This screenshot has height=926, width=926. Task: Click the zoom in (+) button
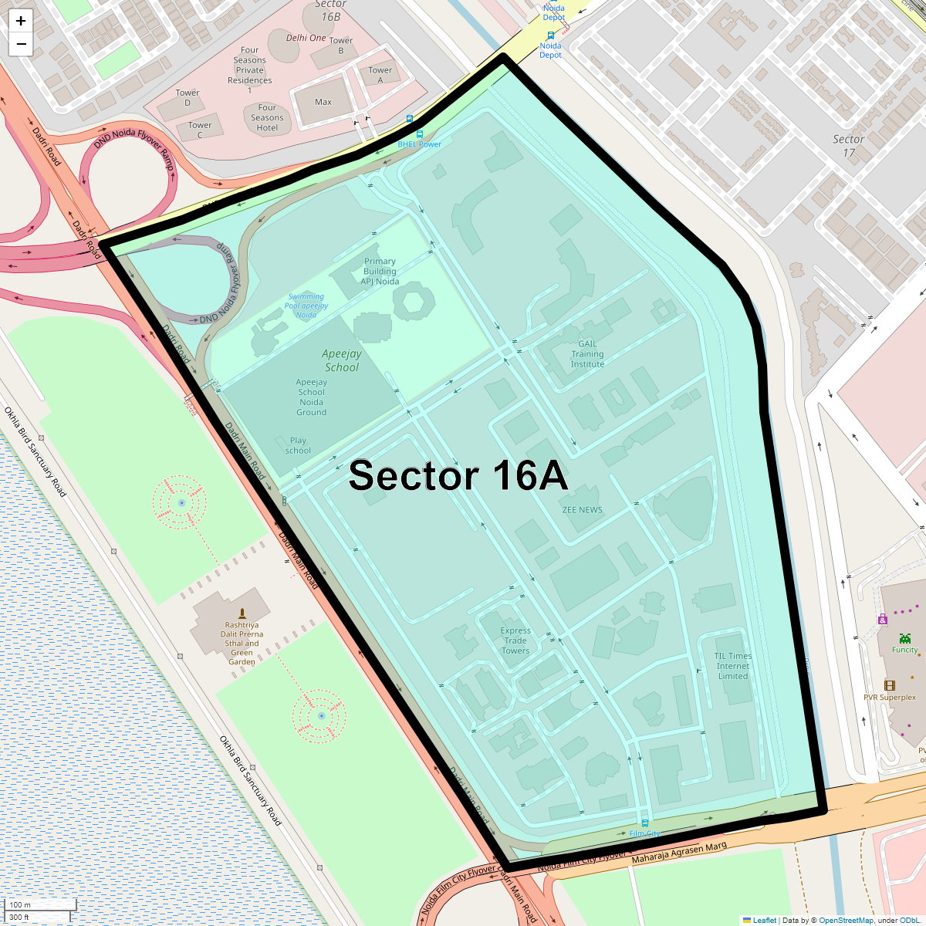tap(21, 21)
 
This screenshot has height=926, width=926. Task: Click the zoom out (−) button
tap(21, 44)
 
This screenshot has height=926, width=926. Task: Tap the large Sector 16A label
tap(458, 476)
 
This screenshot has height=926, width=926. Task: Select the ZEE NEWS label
tap(582, 510)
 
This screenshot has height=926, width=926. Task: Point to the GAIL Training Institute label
tap(587, 354)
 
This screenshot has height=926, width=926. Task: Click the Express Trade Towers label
tap(515, 640)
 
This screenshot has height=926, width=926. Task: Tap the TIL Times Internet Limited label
tap(733, 666)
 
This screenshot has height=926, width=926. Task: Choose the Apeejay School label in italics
tap(342, 360)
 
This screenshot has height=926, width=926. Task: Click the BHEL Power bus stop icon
tap(420, 134)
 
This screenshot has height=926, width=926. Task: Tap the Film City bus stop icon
tap(645, 823)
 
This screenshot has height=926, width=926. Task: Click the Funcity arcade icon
tap(904, 638)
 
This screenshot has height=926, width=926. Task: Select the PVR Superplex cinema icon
tap(890, 686)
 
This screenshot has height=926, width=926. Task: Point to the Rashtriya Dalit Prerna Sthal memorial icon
tap(242, 614)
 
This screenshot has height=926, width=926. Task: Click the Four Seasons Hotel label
tap(267, 118)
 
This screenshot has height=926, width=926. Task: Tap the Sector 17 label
tap(848, 146)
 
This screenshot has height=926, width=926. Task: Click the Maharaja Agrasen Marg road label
tap(679, 853)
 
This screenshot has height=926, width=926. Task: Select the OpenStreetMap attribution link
tap(846, 920)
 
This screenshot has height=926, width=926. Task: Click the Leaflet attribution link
tap(764, 920)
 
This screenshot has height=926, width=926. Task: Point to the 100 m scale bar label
tap(21, 904)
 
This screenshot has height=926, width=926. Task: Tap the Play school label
tap(298, 445)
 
